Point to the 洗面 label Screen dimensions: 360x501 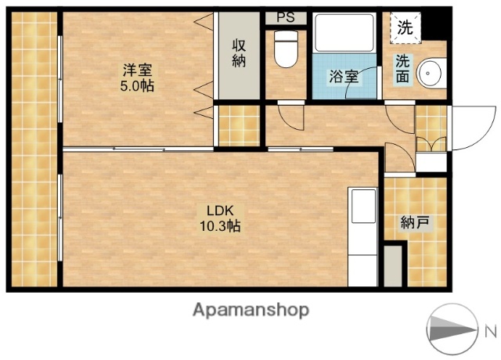[x=402, y=68]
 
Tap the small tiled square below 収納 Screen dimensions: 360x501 [x=238, y=125]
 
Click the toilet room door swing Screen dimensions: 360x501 [x=290, y=117]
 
